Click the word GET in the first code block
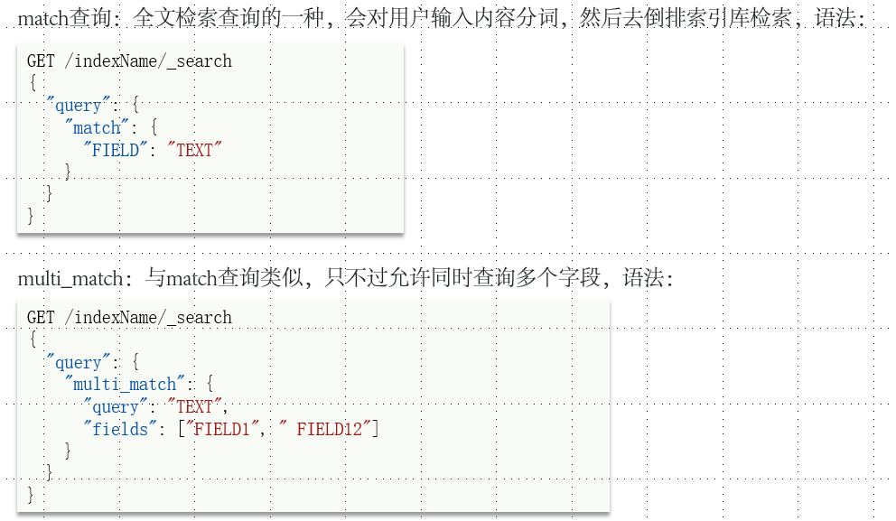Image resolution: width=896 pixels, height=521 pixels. pos(42,61)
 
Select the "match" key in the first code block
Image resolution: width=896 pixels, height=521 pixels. pos(97,128)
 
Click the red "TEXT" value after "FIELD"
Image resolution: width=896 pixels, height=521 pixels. pos(194,151)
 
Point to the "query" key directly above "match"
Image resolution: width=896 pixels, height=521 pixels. pos(78,106)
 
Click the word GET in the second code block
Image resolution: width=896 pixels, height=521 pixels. pos(42,318)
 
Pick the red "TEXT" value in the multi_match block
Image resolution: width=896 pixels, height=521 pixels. pos(194,406)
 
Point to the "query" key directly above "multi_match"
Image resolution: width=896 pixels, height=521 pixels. pos(78,363)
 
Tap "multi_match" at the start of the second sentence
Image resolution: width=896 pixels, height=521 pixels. pos(70,278)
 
